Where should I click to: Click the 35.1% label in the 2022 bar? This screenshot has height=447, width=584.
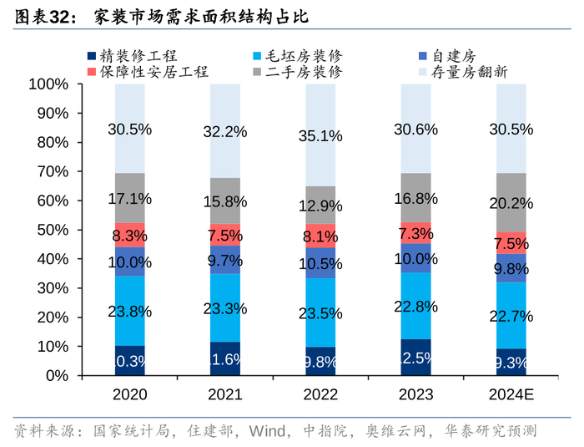(x=321, y=135)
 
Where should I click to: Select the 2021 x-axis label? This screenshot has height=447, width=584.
(x=225, y=394)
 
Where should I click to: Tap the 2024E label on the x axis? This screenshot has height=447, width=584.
(x=511, y=394)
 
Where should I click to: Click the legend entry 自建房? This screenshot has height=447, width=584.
(x=454, y=56)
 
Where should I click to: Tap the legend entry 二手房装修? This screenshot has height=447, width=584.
(x=304, y=72)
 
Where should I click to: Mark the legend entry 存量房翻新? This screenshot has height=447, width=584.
(x=468, y=72)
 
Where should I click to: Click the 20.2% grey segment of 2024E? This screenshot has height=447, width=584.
(x=511, y=203)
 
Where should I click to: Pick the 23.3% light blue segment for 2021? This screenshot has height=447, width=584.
(x=225, y=307)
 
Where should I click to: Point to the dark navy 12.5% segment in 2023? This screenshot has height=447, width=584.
(x=416, y=357)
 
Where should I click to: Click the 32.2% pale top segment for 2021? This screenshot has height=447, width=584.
(x=225, y=130)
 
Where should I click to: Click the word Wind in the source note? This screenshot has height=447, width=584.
(x=270, y=431)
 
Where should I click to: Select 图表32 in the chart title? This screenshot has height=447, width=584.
(x=41, y=15)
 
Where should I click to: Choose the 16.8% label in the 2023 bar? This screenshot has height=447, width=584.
(x=416, y=198)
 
